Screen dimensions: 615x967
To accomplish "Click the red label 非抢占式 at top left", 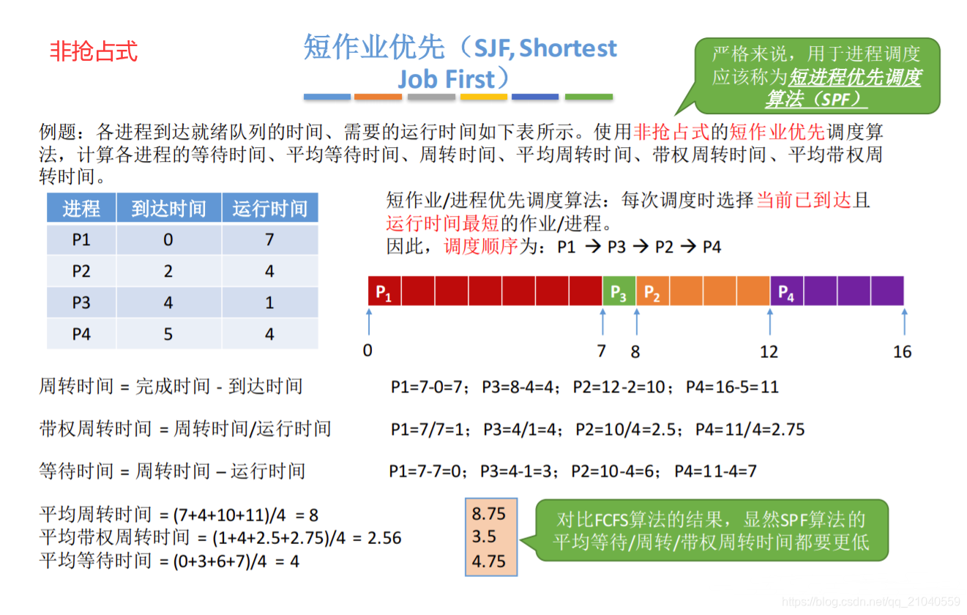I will tap(93, 51).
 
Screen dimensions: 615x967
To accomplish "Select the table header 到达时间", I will tap(168, 209).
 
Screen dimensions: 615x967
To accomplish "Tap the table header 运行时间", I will tap(269, 209).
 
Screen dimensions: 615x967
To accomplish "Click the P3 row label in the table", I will tap(81, 302).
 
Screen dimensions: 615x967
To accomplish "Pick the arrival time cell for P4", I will tap(168, 334).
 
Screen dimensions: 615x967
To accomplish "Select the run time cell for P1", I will tap(269, 239).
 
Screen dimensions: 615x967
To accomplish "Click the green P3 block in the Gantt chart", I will tap(619, 291).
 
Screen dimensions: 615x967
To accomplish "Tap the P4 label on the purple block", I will tap(786, 292).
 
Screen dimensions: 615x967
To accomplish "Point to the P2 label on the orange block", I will tap(651, 292).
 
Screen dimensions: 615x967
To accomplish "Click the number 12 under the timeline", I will tap(769, 351).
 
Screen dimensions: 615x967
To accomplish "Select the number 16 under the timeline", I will tap(902, 351).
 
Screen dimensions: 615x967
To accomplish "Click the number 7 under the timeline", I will tap(601, 351).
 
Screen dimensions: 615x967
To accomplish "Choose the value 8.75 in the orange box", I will tap(489, 514).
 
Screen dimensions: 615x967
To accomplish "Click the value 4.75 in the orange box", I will tap(489, 561).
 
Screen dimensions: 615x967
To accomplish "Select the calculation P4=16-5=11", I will tap(732, 387).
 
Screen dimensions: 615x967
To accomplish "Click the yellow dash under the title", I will tap(484, 97).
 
